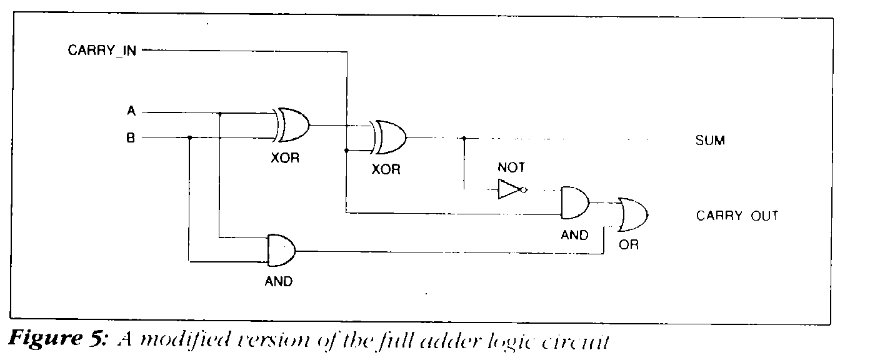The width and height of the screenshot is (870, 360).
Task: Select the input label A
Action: [x=131, y=112]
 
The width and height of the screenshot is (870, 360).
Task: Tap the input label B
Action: [x=131, y=137]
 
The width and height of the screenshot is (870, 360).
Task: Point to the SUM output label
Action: [x=710, y=141]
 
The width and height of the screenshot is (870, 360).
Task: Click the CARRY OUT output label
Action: [x=737, y=216]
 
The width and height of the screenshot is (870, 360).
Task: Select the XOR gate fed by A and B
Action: [x=293, y=125]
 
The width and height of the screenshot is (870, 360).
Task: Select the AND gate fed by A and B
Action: [x=281, y=250]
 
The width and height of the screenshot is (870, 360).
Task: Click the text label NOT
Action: [x=511, y=167]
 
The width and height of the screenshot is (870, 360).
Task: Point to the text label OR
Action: [x=629, y=245]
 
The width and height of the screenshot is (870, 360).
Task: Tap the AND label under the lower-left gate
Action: [x=278, y=281]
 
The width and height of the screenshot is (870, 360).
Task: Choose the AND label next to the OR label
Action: [x=574, y=236]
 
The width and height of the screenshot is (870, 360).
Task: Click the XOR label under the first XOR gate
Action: [x=285, y=157]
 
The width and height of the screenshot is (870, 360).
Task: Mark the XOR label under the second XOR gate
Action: [x=386, y=169]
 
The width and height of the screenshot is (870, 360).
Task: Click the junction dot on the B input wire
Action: [x=189, y=137]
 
